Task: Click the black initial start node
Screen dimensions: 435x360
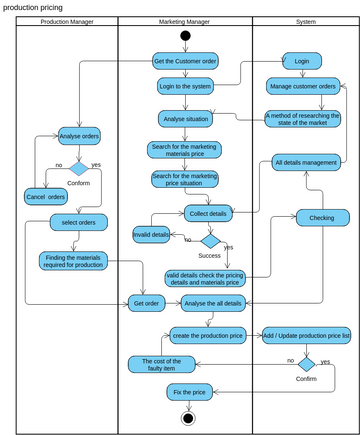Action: click(185, 37)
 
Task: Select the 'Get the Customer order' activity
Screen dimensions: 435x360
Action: click(185, 61)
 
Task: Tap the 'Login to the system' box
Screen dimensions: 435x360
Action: click(185, 86)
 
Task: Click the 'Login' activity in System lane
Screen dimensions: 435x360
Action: click(302, 60)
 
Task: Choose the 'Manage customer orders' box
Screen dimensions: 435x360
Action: click(302, 86)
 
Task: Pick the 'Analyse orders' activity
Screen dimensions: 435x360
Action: click(79, 136)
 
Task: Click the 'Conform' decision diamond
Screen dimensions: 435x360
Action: click(78, 167)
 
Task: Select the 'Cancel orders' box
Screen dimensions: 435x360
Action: click(45, 197)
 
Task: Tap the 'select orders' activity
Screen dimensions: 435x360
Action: click(79, 222)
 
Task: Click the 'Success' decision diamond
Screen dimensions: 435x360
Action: click(210, 240)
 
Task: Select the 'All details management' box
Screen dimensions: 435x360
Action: click(305, 162)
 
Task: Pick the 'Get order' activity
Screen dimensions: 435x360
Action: click(145, 303)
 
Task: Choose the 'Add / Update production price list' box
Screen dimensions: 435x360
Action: click(305, 335)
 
